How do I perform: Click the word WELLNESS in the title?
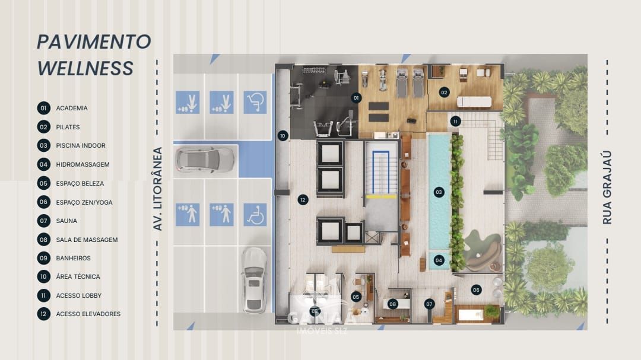(85, 68)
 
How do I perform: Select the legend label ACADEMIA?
(72, 108)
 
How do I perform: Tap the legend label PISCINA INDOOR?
(81, 145)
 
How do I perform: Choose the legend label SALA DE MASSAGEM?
(87, 240)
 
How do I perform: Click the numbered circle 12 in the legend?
(43, 314)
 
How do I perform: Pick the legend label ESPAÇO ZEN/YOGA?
(84, 202)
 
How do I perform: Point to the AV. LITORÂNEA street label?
(158, 189)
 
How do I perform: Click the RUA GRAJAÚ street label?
(607, 188)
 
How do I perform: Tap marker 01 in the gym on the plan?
(356, 97)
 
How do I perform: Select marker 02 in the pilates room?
(444, 92)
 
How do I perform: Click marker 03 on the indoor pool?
(439, 192)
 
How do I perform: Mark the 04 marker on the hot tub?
(439, 260)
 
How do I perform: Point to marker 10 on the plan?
(283, 136)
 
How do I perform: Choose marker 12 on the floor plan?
(303, 200)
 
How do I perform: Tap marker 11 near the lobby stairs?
(455, 121)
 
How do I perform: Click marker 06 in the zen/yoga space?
(476, 289)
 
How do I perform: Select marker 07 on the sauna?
(429, 304)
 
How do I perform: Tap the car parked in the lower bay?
(255, 279)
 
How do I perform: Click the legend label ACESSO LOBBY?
(79, 295)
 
